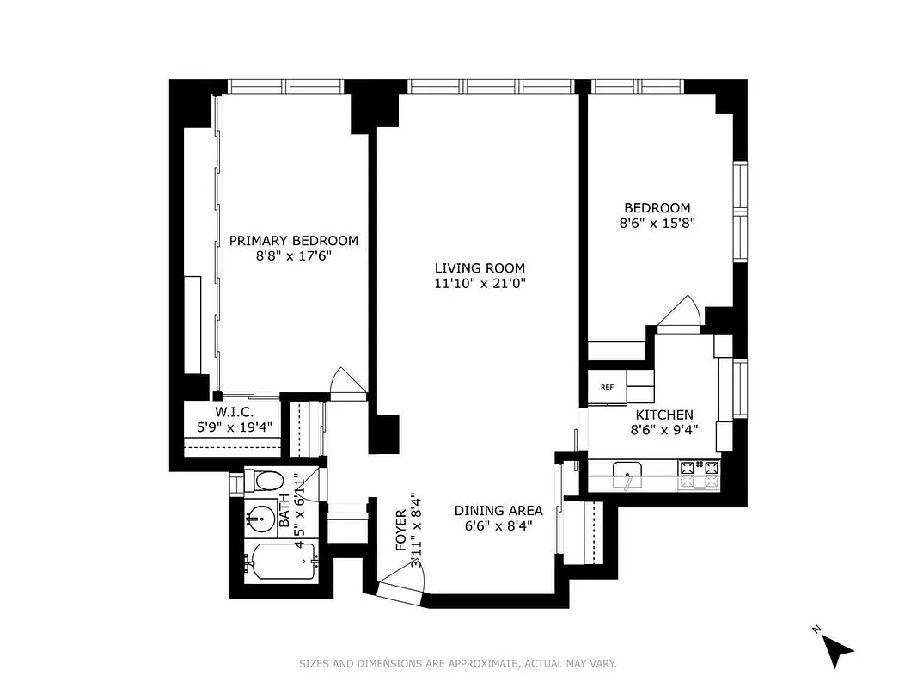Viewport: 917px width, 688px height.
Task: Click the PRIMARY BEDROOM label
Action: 293,241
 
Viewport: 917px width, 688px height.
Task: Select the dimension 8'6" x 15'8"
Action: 657,223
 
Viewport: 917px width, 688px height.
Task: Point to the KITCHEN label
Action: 663,415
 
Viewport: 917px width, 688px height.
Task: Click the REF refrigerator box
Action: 607,387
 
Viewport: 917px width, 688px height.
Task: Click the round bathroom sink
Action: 260,519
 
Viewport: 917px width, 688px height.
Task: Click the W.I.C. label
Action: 234,412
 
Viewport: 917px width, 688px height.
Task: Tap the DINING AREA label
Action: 498,511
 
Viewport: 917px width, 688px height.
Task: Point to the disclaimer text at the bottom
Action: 458,663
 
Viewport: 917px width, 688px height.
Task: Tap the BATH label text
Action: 284,515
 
